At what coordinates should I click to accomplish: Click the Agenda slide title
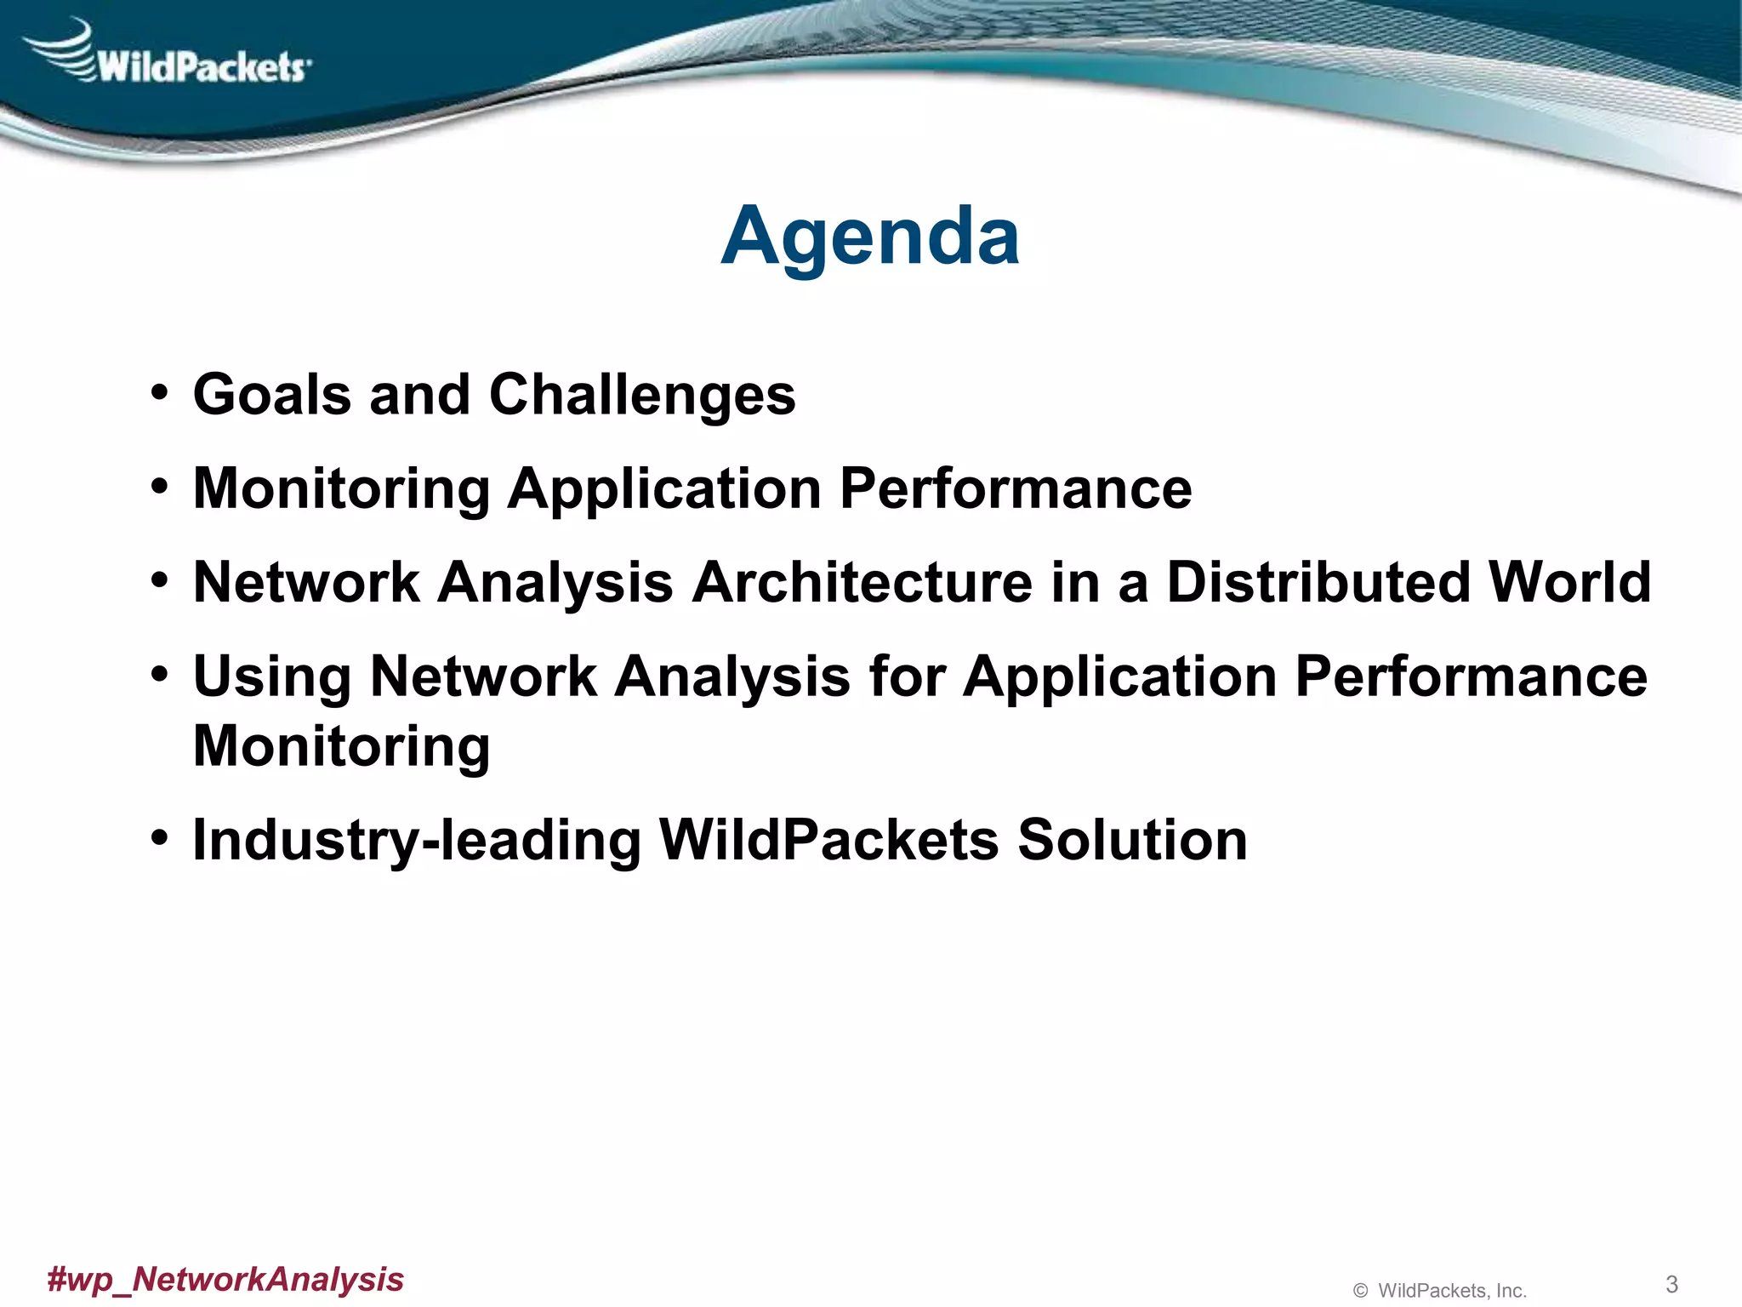click(869, 237)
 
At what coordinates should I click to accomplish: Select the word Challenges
click(642, 397)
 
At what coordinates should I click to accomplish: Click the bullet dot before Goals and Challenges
click(159, 394)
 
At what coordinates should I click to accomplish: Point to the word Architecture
click(862, 583)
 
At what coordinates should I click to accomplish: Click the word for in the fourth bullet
click(907, 676)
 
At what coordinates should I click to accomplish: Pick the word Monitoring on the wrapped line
click(341, 747)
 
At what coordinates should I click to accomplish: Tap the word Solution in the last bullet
click(1132, 840)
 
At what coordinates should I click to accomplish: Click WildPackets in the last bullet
click(829, 840)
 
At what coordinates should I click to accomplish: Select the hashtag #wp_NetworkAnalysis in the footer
click(225, 1279)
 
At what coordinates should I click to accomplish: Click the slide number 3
click(1671, 1284)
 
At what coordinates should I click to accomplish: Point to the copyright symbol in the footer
click(1360, 1291)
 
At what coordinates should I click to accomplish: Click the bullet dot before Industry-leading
click(159, 838)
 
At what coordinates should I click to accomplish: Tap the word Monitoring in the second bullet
click(341, 489)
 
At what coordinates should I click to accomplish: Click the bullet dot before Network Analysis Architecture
click(159, 581)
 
